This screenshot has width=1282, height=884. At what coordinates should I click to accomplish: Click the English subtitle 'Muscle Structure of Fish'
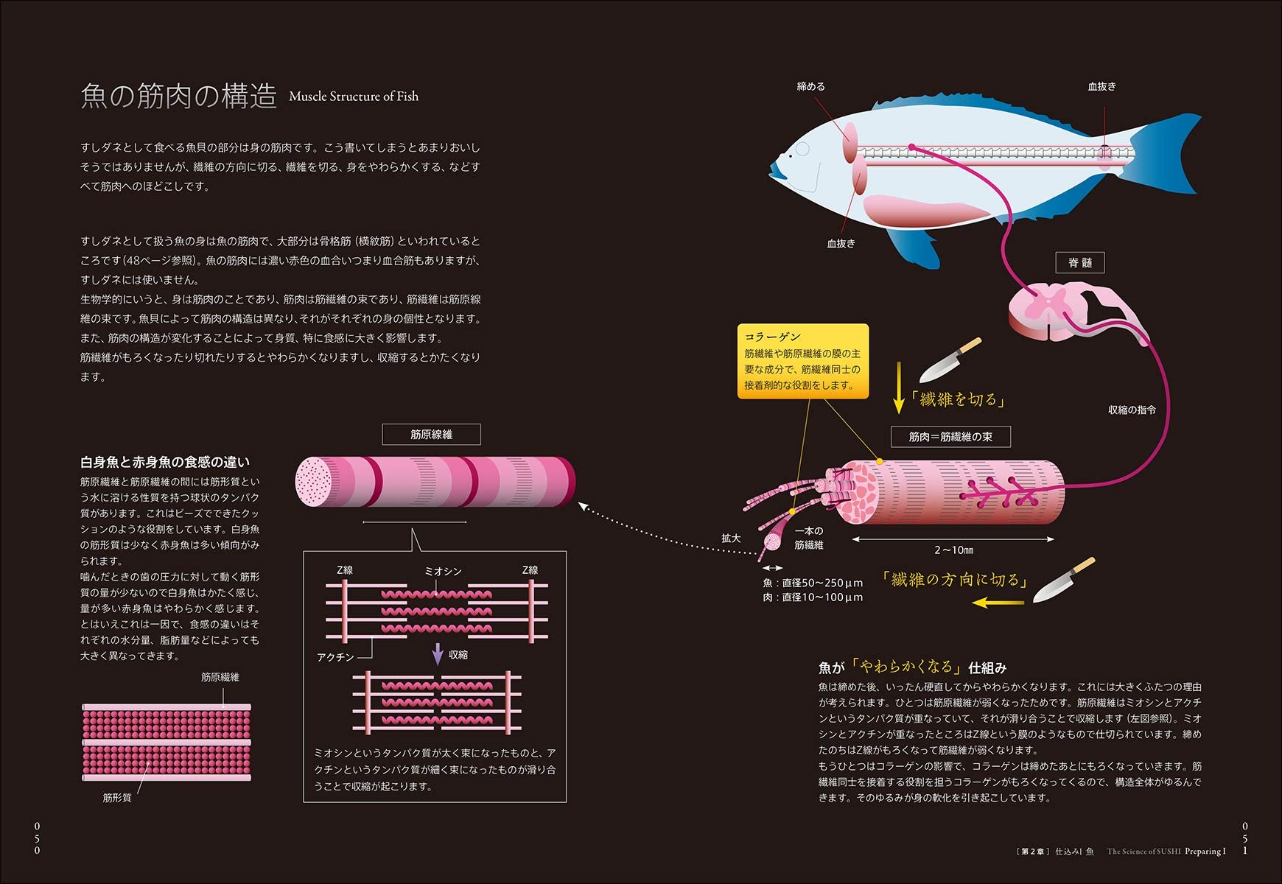(354, 97)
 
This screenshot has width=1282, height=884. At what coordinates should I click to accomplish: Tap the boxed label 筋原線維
(431, 435)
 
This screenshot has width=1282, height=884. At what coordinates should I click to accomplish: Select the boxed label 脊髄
(1080, 262)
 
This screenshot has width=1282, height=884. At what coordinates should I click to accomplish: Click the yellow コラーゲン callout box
(803, 361)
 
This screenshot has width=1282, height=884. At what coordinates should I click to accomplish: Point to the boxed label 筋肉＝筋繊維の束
(950, 437)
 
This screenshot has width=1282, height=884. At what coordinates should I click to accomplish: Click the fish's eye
(801, 150)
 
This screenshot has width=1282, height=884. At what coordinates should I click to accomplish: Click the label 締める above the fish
(810, 86)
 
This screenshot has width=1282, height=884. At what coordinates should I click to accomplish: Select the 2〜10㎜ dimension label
(953, 550)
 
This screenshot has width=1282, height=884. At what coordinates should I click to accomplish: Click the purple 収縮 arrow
(438, 653)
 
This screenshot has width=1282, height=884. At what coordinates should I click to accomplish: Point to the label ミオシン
(443, 571)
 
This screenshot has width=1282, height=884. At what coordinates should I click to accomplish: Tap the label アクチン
(335, 657)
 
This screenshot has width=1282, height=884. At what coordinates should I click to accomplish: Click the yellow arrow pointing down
(898, 387)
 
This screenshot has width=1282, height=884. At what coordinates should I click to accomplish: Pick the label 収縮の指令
(1132, 410)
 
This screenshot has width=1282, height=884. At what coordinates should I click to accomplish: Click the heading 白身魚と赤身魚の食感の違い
(165, 462)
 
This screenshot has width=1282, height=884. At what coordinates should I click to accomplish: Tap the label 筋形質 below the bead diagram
(117, 798)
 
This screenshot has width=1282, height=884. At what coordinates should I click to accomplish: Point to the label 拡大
(731, 539)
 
